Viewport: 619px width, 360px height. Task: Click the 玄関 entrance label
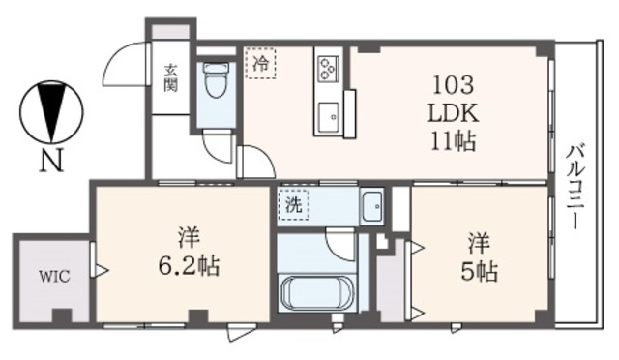coord(171,76)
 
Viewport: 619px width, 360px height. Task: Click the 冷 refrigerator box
coord(260,63)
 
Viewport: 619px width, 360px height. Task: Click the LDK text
coord(452,112)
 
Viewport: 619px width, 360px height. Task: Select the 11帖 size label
coord(452,141)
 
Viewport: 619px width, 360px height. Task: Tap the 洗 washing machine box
coord(292,205)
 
